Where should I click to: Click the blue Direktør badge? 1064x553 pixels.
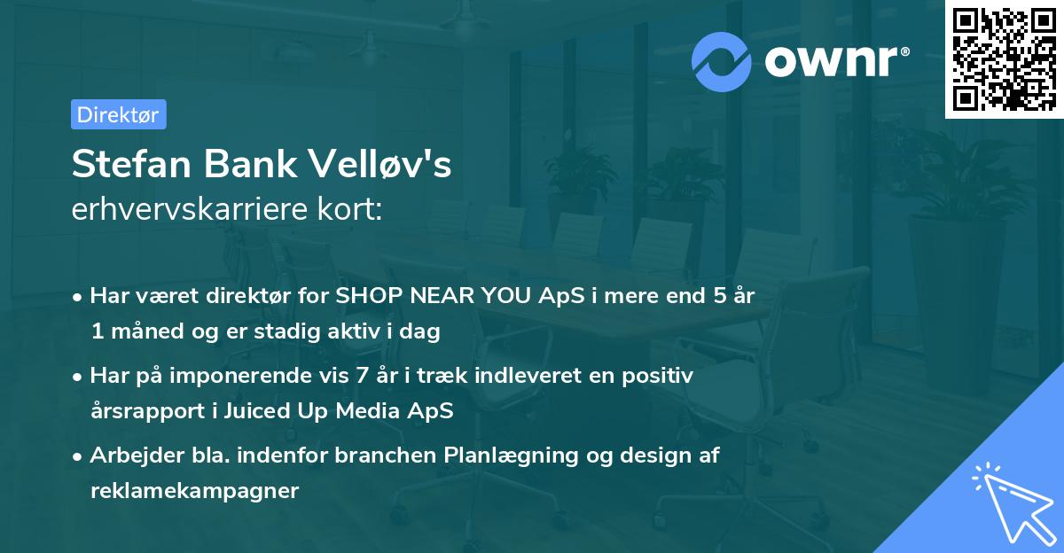coord(118,114)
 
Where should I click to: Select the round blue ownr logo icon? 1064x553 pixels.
coord(721,61)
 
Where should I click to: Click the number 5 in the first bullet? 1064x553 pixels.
coord(706,296)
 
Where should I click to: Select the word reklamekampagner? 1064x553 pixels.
coord(194,491)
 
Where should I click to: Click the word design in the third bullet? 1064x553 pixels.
coord(653,456)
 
